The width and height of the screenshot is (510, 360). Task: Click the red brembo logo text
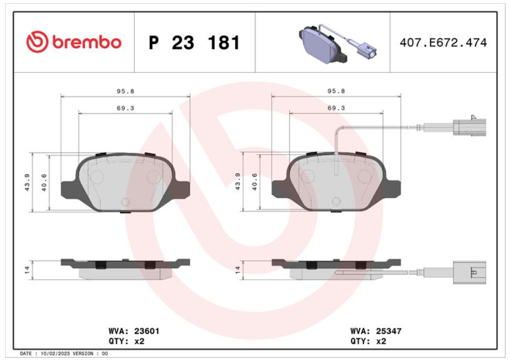click(87, 43)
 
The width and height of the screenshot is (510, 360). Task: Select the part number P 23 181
click(194, 43)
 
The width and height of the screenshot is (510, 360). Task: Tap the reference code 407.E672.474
click(443, 43)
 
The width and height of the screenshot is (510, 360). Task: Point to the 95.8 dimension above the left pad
click(126, 91)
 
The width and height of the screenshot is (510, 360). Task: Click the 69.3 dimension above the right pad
click(336, 108)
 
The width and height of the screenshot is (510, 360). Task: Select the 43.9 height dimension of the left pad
click(27, 183)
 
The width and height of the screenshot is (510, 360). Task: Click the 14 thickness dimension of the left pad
click(27, 269)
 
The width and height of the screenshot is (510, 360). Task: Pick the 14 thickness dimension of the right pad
click(238, 269)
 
